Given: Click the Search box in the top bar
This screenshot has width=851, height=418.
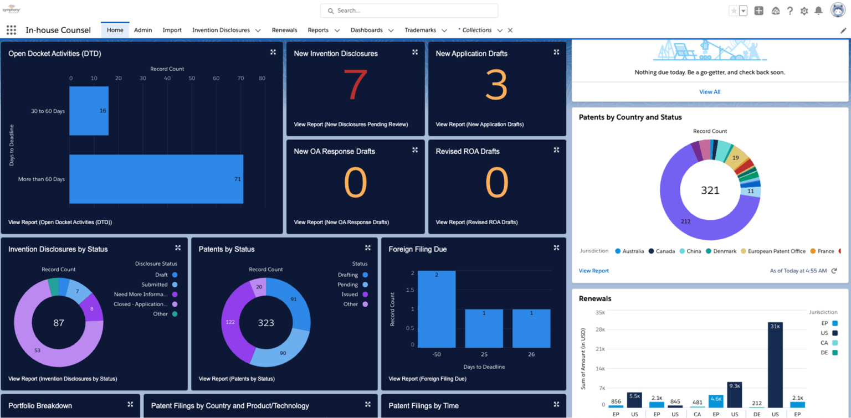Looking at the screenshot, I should click(409, 11).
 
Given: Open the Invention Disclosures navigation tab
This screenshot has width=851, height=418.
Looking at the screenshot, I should click(221, 30).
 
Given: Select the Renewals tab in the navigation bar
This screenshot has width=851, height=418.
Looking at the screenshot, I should click(284, 30).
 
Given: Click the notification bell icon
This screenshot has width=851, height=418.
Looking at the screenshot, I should click(818, 11).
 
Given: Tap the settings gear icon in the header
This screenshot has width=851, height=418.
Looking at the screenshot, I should click(804, 11).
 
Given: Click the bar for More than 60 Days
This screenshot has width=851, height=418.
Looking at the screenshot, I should click(156, 179).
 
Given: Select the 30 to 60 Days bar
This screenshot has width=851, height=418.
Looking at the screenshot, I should click(89, 111).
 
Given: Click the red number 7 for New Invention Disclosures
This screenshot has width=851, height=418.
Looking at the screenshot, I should click(355, 85).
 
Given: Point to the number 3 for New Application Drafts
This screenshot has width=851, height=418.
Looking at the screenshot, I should click(496, 85).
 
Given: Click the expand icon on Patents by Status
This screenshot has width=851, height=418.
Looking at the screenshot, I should click(368, 248).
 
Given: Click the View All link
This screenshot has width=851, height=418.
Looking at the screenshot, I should click(709, 92).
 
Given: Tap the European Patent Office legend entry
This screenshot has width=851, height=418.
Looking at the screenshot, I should click(773, 251).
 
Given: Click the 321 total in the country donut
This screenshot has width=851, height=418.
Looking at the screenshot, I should click(710, 190).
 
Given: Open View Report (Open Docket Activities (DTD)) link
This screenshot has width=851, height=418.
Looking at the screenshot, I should click(60, 223).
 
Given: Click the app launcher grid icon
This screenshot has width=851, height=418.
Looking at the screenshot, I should click(11, 30).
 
